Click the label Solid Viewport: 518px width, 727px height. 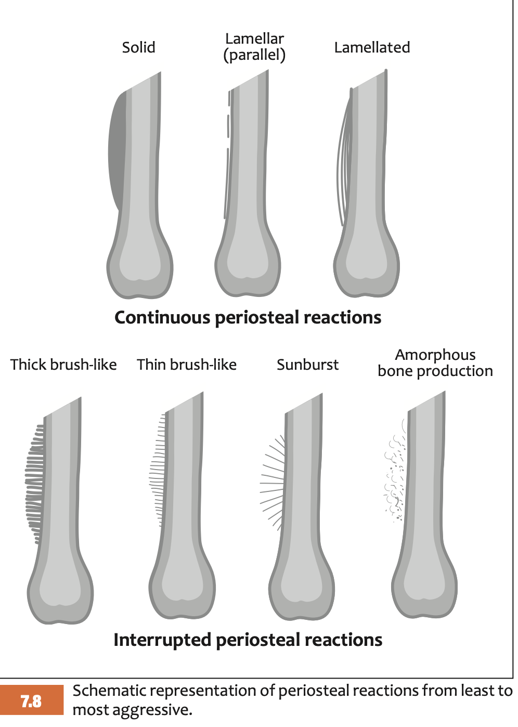tap(138, 47)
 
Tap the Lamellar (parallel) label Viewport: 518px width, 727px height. tap(254, 47)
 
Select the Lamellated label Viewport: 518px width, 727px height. tap(372, 47)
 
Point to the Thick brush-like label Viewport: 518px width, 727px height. tap(63, 365)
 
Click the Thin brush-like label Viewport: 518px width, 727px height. tap(187, 365)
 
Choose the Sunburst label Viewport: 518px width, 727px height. tap(307, 365)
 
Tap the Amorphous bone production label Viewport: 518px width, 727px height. tap(435, 363)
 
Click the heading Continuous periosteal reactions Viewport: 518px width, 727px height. tap(248, 317)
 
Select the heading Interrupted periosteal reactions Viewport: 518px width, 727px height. tap(248, 640)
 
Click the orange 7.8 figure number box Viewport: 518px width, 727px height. tap(32, 701)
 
